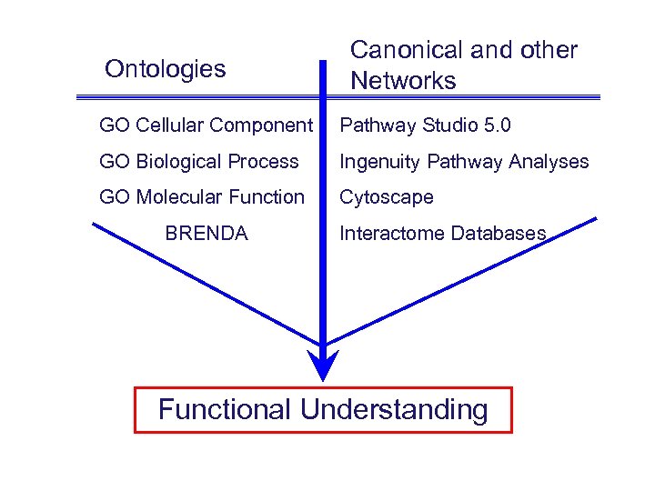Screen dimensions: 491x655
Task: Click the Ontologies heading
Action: pos(165,69)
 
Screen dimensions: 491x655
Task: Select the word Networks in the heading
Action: pos(403,81)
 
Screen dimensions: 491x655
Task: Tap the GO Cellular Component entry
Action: pos(206,125)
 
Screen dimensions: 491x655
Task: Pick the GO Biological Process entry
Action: pos(198,162)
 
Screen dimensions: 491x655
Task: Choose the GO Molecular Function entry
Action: pos(202,197)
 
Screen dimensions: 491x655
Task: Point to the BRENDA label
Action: pos(207,234)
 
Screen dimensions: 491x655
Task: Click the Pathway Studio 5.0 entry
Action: pos(425,125)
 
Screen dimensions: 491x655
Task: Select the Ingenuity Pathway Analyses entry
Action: pos(464,162)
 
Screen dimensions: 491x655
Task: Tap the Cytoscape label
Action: pos(387,197)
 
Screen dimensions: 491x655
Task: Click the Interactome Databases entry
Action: pos(442,234)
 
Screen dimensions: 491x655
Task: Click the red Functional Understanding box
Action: pos(323,409)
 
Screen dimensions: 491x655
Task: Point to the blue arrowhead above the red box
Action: pos(323,366)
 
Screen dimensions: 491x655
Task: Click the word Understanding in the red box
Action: pos(394,409)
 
